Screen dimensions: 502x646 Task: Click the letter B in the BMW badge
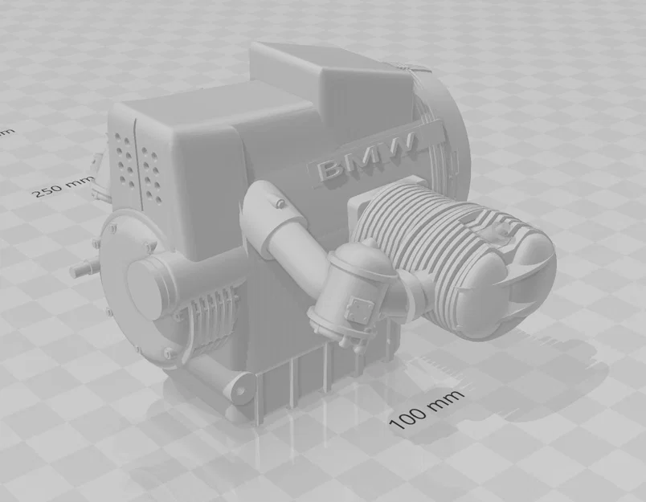330,170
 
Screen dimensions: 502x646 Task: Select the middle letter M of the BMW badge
366,158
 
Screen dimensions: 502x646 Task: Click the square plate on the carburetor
356,308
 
